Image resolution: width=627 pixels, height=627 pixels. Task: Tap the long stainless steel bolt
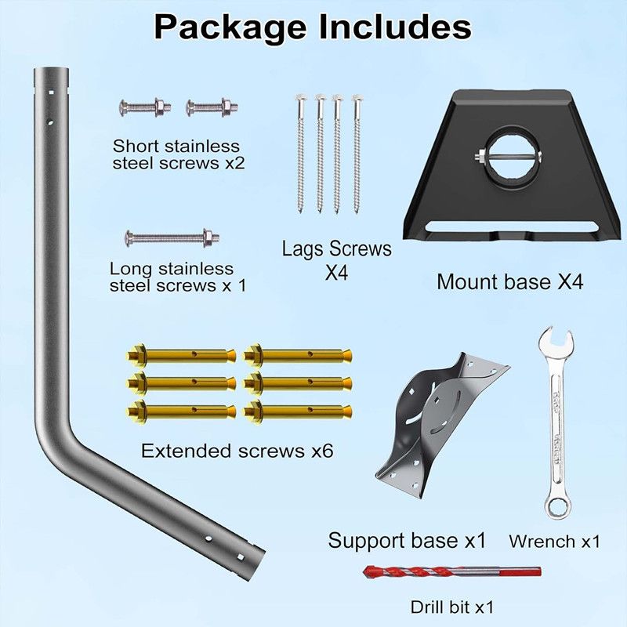click(172, 238)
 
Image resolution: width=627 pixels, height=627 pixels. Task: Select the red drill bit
click(452, 571)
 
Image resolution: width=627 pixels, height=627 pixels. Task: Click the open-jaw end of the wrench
click(555, 343)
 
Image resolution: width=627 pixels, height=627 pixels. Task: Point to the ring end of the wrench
click(556, 506)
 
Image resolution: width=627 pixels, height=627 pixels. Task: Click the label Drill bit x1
click(452, 607)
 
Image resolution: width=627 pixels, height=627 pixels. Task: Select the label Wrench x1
click(555, 542)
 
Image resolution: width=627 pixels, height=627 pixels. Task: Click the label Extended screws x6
click(237, 451)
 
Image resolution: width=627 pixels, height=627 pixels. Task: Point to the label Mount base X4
click(510, 281)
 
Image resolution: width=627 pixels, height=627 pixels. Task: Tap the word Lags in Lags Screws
click(303, 248)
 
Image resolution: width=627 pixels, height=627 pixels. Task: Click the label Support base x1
click(407, 541)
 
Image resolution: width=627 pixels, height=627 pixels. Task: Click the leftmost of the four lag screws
click(301, 154)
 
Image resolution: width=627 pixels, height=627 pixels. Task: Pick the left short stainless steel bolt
click(145, 107)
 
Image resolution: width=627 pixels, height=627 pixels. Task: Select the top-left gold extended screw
click(182, 355)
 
